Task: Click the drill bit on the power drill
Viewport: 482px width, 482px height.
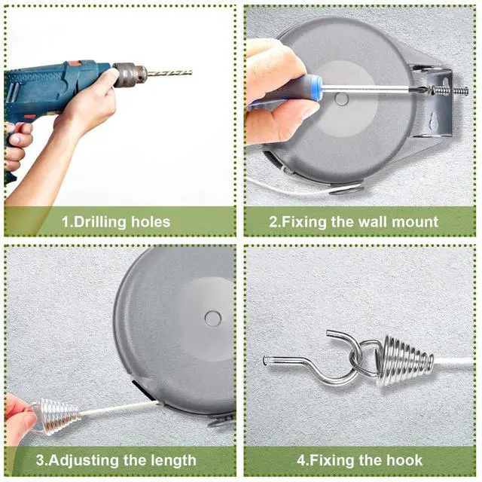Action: click(x=169, y=73)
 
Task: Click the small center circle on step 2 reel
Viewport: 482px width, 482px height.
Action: click(x=341, y=99)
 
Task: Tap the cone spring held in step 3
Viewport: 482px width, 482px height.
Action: click(x=57, y=416)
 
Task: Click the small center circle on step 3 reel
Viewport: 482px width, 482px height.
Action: click(x=212, y=319)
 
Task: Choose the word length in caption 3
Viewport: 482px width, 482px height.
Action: click(x=174, y=460)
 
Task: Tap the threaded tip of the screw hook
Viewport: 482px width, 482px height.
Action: click(x=268, y=360)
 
